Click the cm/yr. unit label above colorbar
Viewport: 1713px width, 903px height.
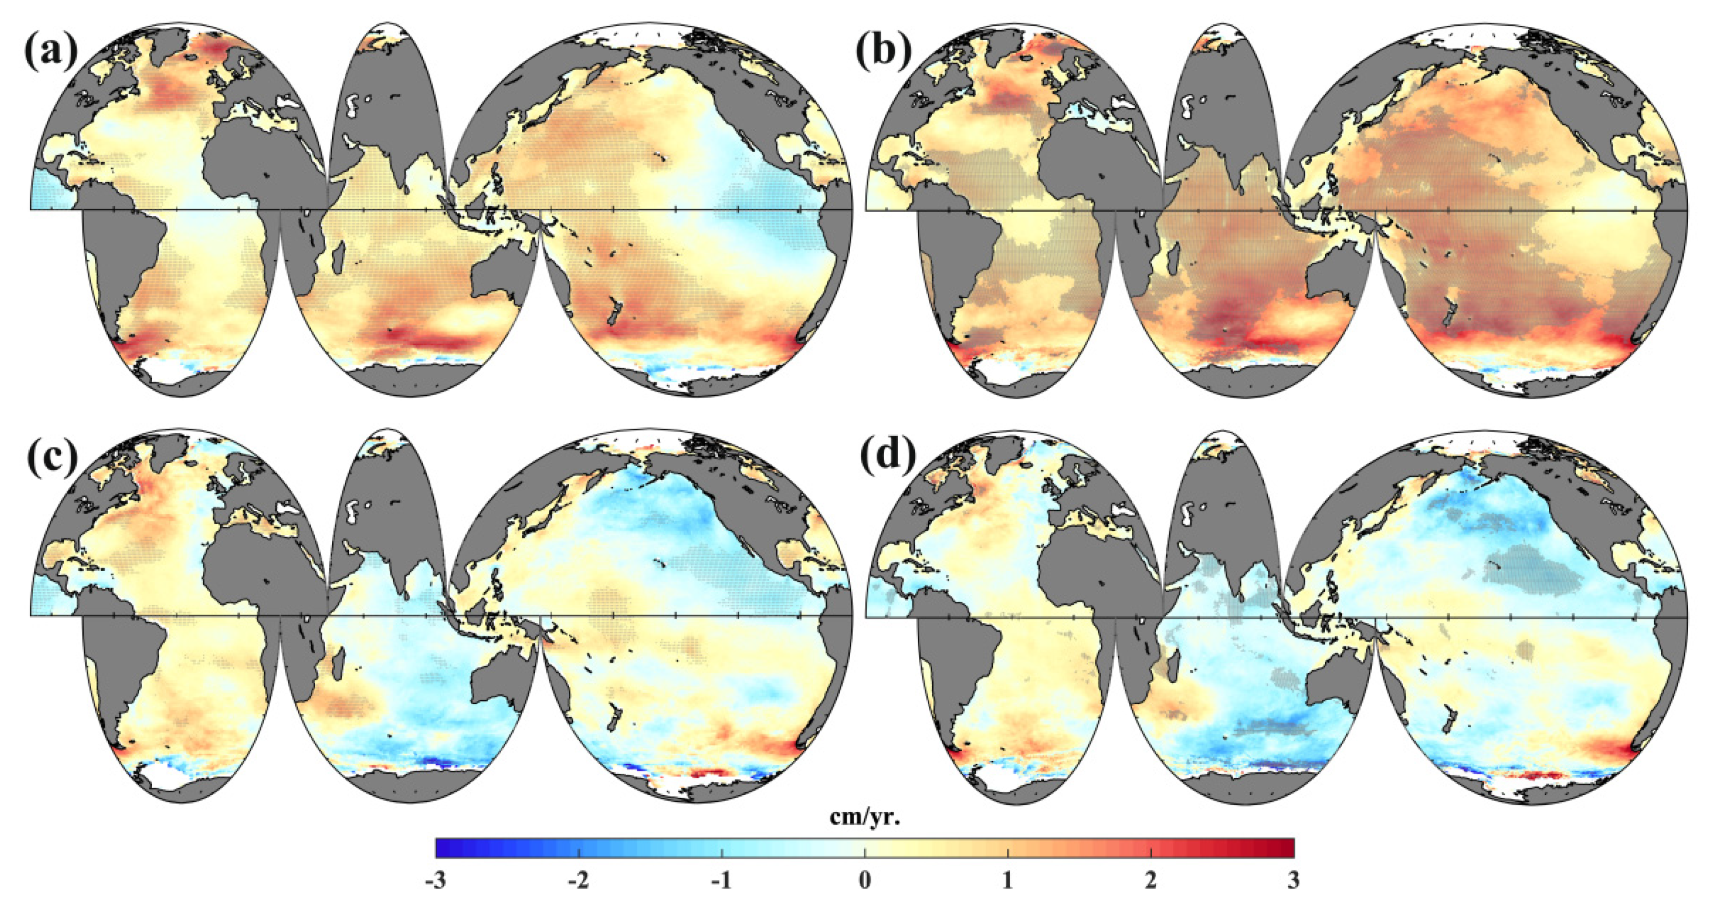click(x=865, y=817)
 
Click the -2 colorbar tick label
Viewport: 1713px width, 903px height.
click(x=578, y=881)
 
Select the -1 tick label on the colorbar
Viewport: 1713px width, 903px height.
click(x=721, y=881)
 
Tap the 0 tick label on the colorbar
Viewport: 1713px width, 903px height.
click(x=865, y=881)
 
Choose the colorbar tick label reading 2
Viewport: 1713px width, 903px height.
click(x=1151, y=881)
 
